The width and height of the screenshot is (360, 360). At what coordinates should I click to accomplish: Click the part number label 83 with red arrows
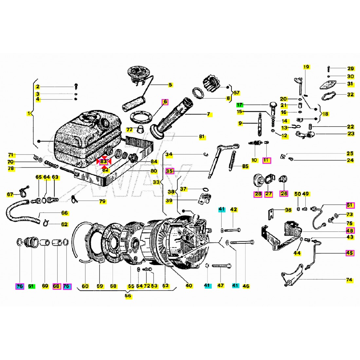point(103,162)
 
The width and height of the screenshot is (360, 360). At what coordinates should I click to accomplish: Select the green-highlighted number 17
point(240,105)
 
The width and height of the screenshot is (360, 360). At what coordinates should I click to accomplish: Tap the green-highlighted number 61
point(31,286)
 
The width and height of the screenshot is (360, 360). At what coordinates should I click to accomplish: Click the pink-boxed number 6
point(165,102)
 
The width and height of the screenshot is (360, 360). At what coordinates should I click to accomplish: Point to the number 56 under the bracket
point(128,296)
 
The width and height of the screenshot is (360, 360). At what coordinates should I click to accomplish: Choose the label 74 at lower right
point(349,280)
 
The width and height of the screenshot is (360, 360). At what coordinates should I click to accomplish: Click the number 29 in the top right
point(351,69)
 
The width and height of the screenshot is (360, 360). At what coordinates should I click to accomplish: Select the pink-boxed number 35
point(170,171)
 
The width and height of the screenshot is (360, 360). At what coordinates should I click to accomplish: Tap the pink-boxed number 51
point(350,205)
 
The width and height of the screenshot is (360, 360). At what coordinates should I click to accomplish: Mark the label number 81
point(202,136)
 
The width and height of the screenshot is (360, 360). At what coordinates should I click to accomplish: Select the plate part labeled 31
point(330,84)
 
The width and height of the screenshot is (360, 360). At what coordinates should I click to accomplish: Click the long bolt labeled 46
point(242,243)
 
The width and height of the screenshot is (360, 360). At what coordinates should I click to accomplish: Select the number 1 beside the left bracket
point(29,114)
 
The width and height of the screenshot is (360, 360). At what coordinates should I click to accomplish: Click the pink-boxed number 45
point(350,253)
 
